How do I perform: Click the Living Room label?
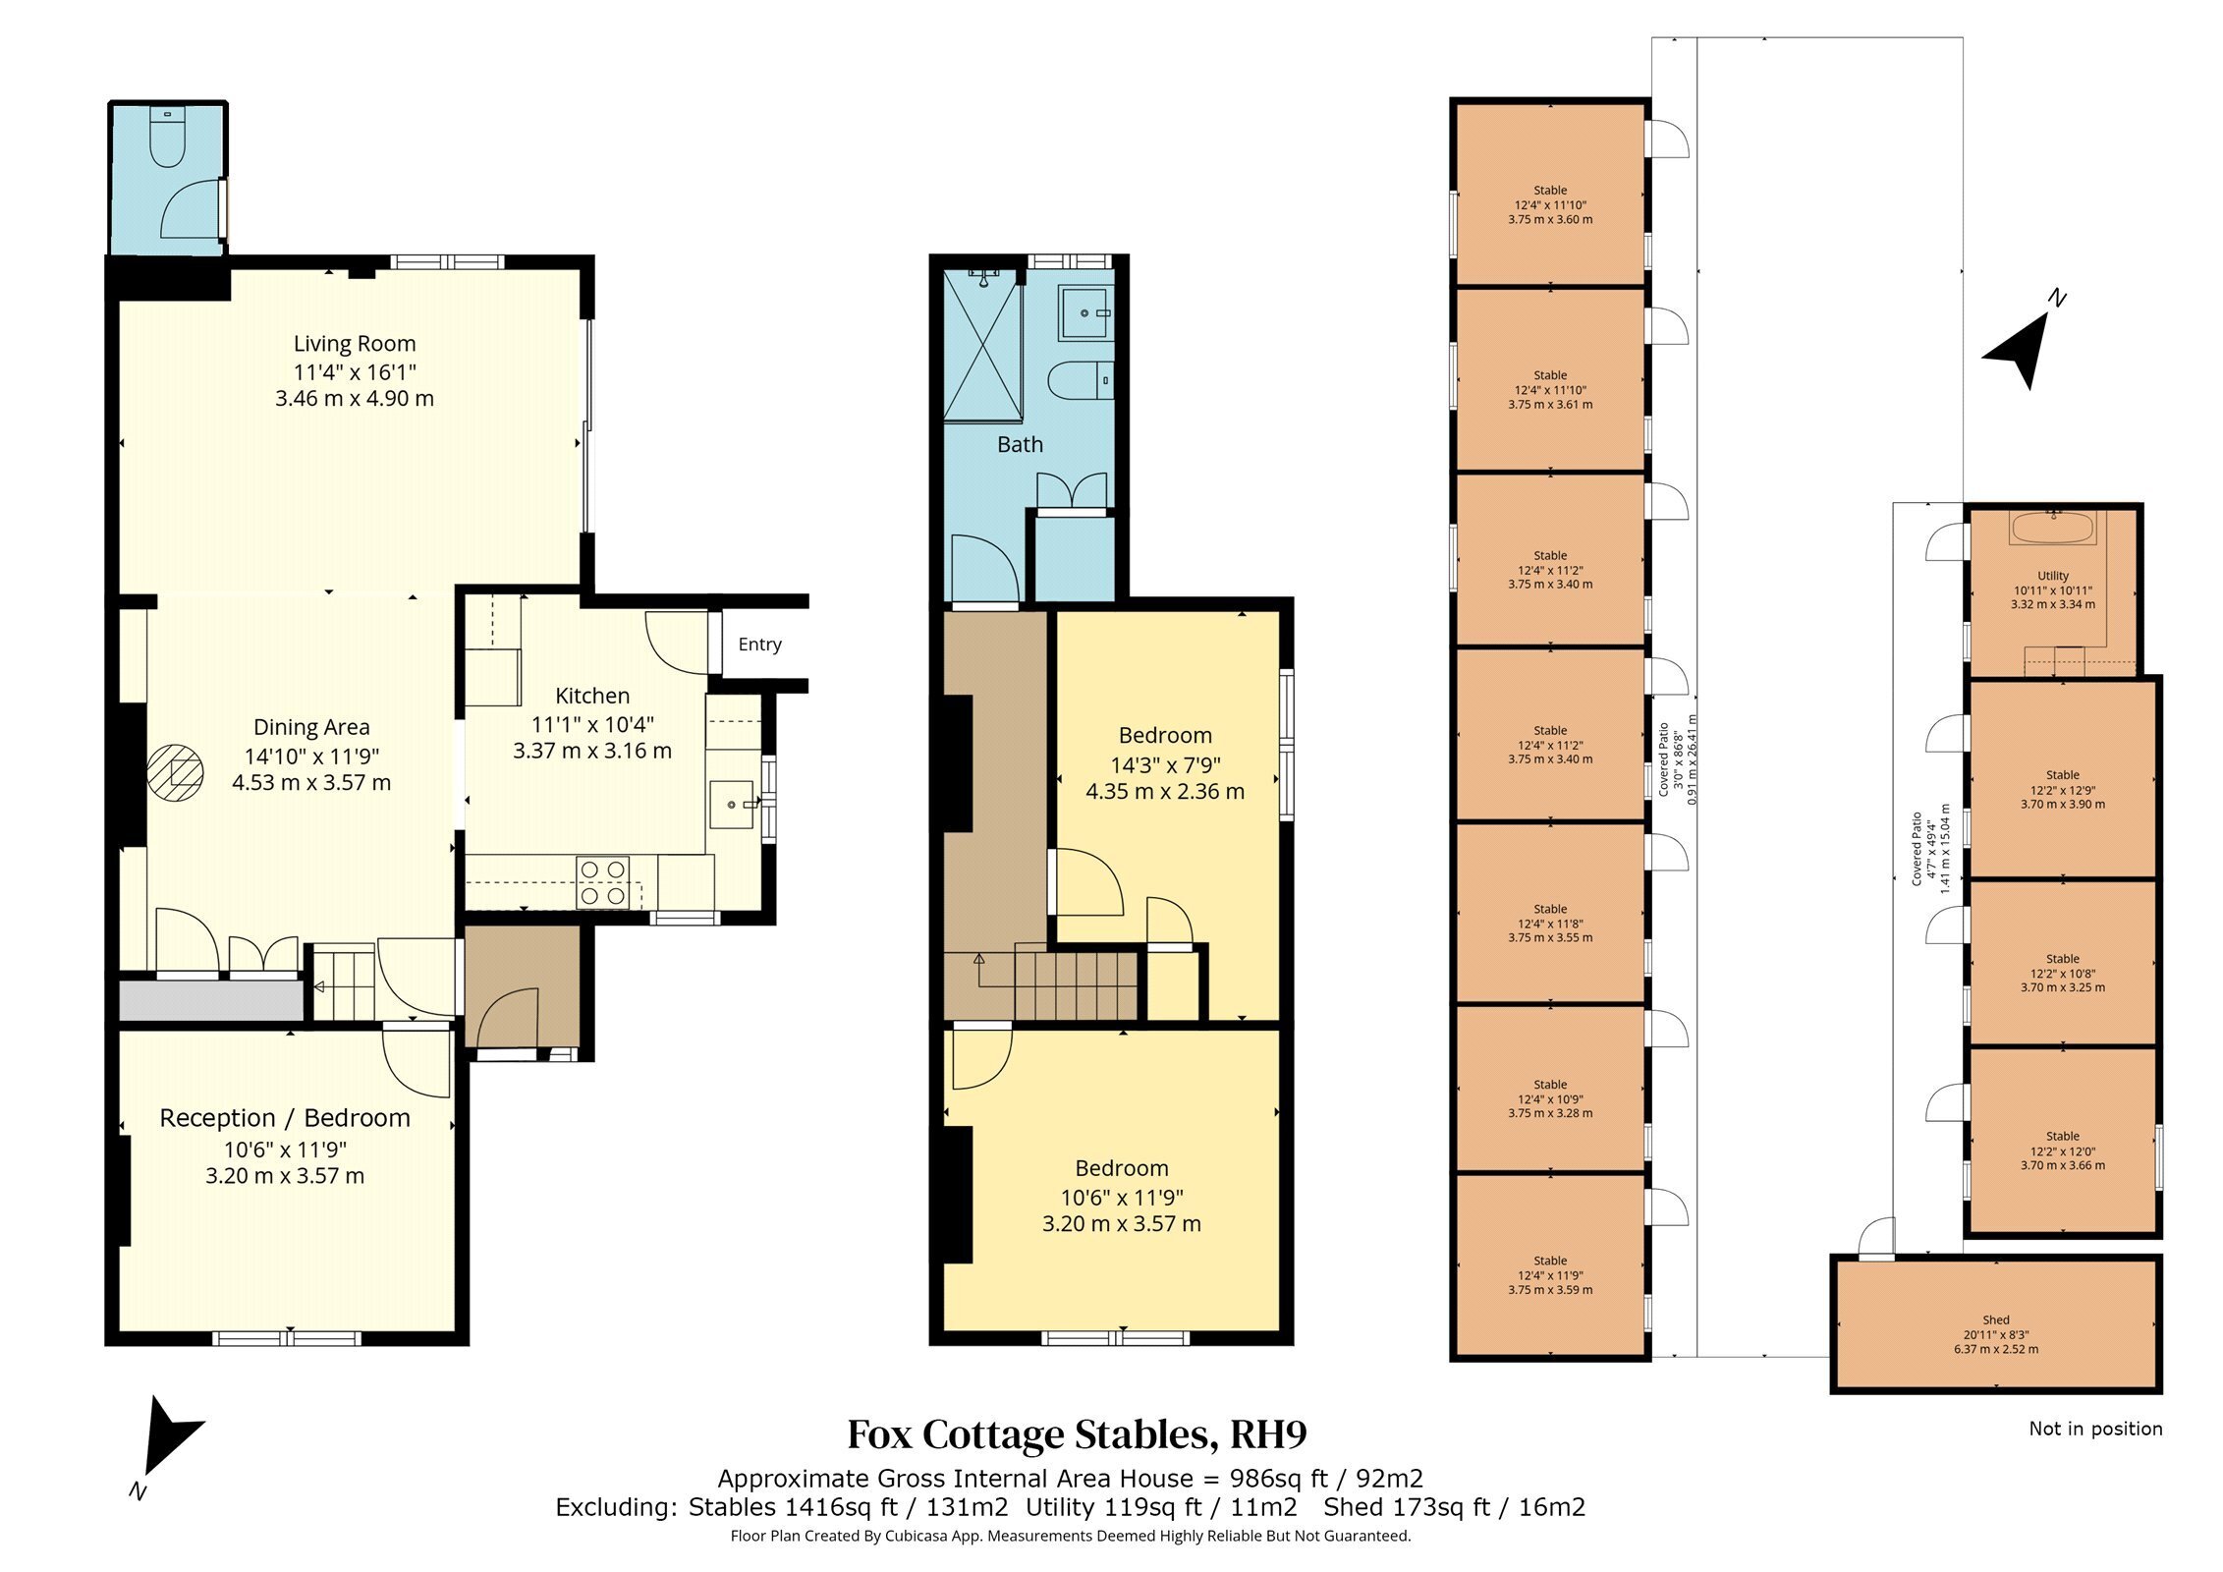pyautogui.click(x=355, y=344)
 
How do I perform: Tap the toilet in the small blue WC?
pyautogui.click(x=167, y=138)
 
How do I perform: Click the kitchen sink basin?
pyautogui.click(x=732, y=805)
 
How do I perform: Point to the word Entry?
pyautogui.click(x=759, y=645)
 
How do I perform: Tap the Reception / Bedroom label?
pyautogui.click(x=285, y=1118)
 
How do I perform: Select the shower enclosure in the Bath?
pyautogui.click(x=982, y=346)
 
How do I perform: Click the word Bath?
pyautogui.click(x=1020, y=445)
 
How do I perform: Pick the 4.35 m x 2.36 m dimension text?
pyautogui.click(x=1165, y=792)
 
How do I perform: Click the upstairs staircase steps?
pyautogui.click(x=1077, y=983)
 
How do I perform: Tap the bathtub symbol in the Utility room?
pyautogui.click(x=2053, y=529)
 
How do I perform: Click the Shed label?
pyautogui.click(x=1996, y=1320)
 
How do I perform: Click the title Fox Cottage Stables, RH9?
pyautogui.click(x=1078, y=1435)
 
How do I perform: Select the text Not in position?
pyautogui.click(x=2095, y=1430)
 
